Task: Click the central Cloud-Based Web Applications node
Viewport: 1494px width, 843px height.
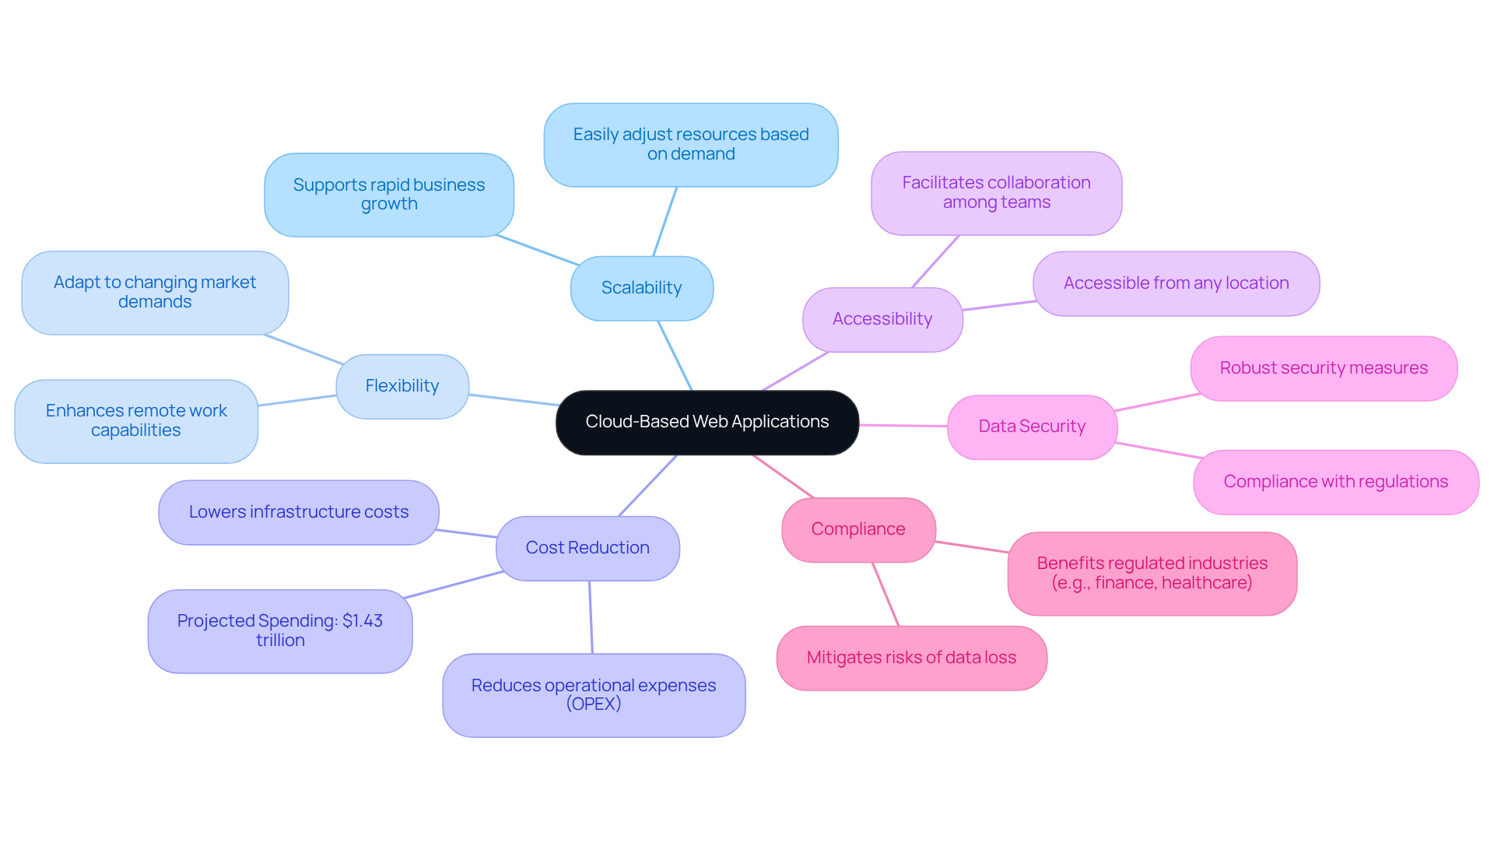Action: coord(707,422)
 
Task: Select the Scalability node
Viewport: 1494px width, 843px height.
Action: coord(641,288)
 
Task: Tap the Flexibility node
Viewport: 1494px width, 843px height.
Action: coord(402,386)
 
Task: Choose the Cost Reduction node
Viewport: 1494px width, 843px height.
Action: coord(587,548)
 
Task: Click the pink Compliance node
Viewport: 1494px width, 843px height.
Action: coord(858,529)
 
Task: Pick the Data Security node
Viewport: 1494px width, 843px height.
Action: coord(1032,427)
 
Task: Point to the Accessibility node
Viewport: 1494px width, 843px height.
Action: coord(882,319)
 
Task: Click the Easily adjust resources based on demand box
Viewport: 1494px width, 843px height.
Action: coord(691,145)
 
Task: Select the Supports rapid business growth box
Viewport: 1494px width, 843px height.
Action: coord(389,195)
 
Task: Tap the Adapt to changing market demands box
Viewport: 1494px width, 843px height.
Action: coord(155,292)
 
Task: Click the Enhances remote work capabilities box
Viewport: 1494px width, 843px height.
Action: coord(136,420)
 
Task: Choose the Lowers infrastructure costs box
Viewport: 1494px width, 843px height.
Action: coord(299,512)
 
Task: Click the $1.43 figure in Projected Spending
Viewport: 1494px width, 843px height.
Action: coord(363,621)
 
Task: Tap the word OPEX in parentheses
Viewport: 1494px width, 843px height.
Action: coord(594,704)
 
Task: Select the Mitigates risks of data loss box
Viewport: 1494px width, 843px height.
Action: coord(911,658)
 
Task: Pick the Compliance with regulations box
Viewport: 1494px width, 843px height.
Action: coord(1335,482)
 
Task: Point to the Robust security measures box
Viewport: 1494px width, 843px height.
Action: coord(1324,368)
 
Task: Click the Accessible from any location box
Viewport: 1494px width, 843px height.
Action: coord(1176,283)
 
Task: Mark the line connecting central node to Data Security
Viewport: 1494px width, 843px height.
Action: coord(903,425)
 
